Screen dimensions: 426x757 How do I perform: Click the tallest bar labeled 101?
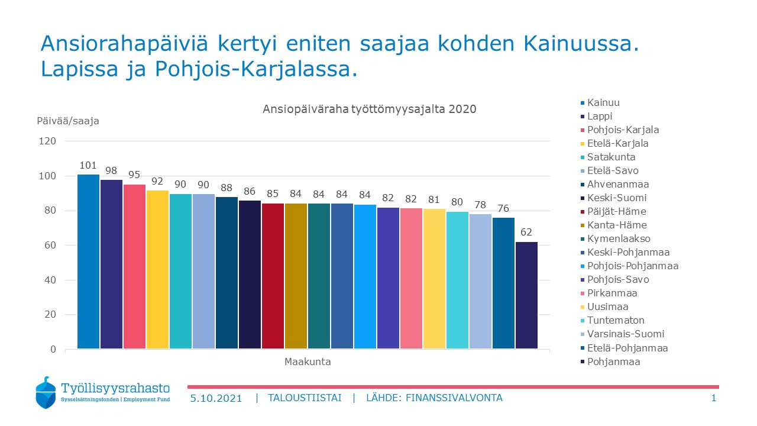click(x=88, y=262)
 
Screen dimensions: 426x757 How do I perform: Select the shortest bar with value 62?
click(x=526, y=295)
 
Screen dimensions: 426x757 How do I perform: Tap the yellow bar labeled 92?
click(x=157, y=269)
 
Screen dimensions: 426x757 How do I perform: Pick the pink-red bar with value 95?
click(x=134, y=267)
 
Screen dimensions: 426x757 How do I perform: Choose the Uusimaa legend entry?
click(x=607, y=307)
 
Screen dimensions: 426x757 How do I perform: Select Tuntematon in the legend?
click(x=616, y=321)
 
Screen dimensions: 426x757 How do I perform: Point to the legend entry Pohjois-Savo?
click(x=617, y=280)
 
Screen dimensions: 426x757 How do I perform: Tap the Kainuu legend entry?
click(x=603, y=103)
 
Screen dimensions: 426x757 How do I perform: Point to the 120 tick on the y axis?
click(x=48, y=141)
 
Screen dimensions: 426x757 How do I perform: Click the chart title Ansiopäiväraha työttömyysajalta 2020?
click(x=369, y=109)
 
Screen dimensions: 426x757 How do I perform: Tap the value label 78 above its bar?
click(x=480, y=205)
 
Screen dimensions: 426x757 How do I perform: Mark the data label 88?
click(x=227, y=188)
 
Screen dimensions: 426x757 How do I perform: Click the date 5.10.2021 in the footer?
click(x=216, y=398)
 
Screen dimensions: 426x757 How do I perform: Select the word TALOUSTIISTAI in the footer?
click(x=304, y=398)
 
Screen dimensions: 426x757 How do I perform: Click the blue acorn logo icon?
click(x=47, y=392)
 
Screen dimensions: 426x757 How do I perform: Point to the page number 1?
click(x=713, y=398)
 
